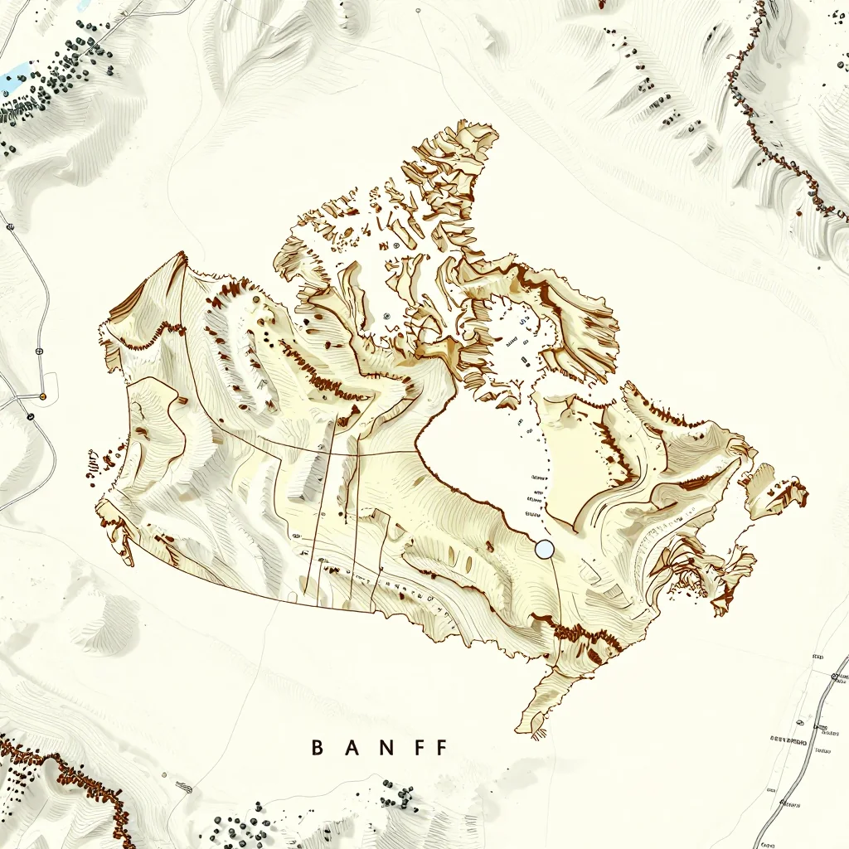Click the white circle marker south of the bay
[x=544, y=548]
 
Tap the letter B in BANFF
[x=317, y=748]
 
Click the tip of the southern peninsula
[x=531, y=730]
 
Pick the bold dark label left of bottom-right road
[x=788, y=737]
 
